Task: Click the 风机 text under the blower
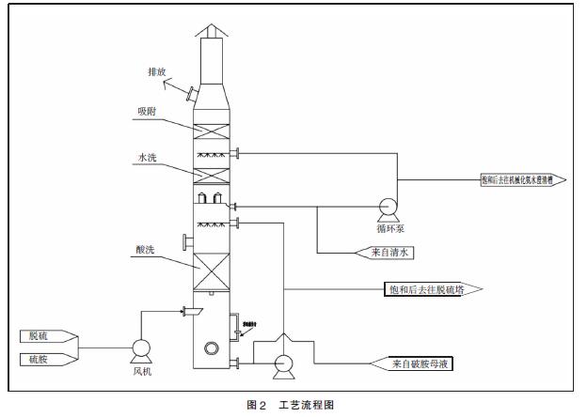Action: coord(141,371)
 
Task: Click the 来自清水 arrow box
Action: coord(384,252)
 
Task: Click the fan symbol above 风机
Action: coord(141,349)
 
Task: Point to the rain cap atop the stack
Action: coord(211,30)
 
